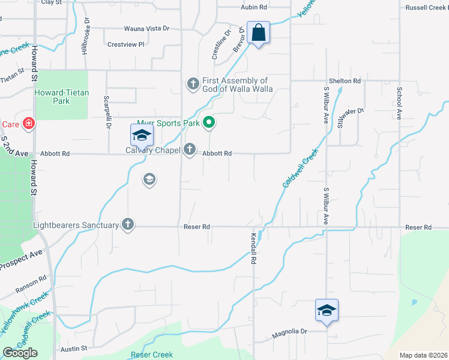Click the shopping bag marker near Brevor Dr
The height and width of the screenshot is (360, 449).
pos(258,34)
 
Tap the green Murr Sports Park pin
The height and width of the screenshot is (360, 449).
pos(209,124)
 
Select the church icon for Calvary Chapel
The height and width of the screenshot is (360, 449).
pos(190,149)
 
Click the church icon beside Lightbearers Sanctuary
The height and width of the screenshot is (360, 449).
pos(127,224)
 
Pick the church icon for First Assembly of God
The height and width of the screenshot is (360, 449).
pos(193,83)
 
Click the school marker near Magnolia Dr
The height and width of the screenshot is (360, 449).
pos(327,311)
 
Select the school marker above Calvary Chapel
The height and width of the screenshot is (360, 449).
pos(142,135)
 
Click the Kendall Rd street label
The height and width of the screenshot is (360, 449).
pos(254,250)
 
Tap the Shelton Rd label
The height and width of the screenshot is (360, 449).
pos(345,81)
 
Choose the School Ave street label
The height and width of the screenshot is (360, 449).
pos(399,103)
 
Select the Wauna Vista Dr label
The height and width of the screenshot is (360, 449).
pos(147,28)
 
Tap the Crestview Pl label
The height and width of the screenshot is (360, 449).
pos(126,44)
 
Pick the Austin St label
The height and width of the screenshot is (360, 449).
pos(74,348)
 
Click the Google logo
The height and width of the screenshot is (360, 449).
pos(20,353)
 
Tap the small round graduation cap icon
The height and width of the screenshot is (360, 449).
pos(149,179)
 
